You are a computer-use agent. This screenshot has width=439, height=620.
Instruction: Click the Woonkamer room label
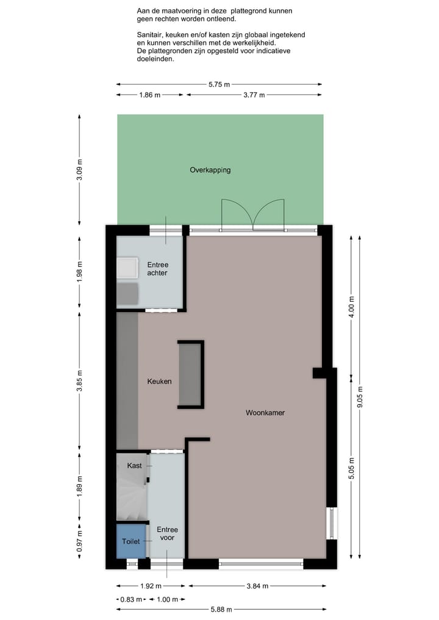[265, 413]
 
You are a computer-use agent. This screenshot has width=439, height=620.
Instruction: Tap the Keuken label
[159, 382]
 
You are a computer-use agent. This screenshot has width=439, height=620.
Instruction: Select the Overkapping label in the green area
[210, 170]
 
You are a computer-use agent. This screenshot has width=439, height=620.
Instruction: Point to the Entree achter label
[157, 269]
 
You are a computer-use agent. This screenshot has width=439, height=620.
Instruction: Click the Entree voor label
[167, 534]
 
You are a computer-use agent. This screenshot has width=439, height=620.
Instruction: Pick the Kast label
[134, 466]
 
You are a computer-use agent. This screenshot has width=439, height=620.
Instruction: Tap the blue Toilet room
[131, 541]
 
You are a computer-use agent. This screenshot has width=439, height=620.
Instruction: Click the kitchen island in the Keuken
[190, 374]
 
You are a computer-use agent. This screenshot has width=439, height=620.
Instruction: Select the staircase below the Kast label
[131, 497]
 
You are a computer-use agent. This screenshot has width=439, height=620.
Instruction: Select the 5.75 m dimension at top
[219, 85]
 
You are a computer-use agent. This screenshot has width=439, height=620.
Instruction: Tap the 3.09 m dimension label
[80, 170]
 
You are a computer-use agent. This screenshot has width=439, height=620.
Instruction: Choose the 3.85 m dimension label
[80, 382]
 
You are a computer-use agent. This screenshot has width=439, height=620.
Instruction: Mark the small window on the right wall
[332, 523]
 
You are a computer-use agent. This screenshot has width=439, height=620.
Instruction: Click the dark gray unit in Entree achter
[128, 293]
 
